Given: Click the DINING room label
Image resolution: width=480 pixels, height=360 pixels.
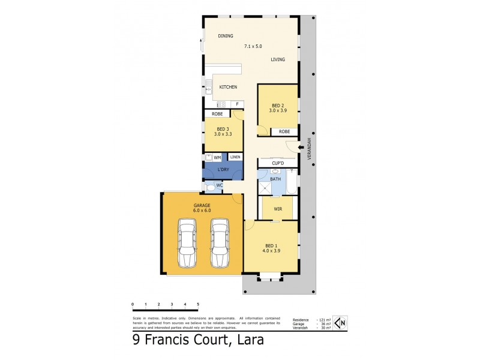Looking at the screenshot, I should [226, 36].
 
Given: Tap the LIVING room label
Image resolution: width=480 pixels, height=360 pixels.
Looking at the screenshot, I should [278, 59].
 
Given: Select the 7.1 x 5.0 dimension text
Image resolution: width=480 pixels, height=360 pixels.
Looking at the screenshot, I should [253, 46].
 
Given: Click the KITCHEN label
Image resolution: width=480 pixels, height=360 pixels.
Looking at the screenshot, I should [228, 87].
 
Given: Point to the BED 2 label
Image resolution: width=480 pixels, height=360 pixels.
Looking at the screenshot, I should [278, 106].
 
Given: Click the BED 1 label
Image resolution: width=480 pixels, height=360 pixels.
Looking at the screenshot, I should [271, 245].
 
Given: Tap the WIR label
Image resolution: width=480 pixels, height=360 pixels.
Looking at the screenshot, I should [278, 209].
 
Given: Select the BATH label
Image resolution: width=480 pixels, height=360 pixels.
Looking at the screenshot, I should [275, 179].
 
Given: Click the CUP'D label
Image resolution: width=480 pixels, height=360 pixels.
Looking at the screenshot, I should [277, 163].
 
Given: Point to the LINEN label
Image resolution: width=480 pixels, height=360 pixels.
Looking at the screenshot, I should [235, 157].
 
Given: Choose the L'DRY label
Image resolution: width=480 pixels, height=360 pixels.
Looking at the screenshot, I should [223, 170].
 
